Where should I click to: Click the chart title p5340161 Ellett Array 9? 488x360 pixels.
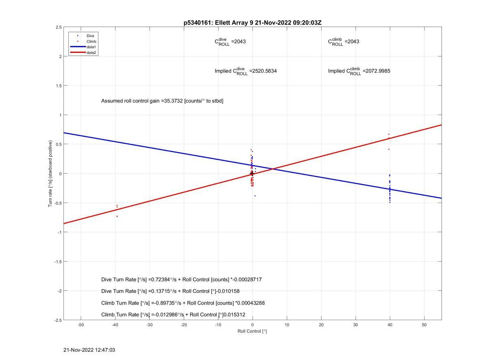252,23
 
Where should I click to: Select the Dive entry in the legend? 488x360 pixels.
90,36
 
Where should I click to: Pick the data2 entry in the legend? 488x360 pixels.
91,53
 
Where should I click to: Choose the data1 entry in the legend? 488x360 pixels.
91,47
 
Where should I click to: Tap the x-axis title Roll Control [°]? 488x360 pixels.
252,331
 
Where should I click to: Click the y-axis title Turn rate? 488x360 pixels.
51,174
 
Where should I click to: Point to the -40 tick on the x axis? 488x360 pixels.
115,325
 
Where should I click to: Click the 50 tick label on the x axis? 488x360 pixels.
424,325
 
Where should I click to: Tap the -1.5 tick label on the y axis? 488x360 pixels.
57,262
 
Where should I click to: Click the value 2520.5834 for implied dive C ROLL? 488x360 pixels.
263,71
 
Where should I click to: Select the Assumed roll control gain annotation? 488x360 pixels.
162,101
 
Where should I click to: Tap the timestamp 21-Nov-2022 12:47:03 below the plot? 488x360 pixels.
89,350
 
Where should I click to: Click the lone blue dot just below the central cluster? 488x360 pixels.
255,196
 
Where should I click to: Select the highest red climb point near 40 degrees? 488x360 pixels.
389,134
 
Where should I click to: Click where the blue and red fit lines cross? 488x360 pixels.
273,168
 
